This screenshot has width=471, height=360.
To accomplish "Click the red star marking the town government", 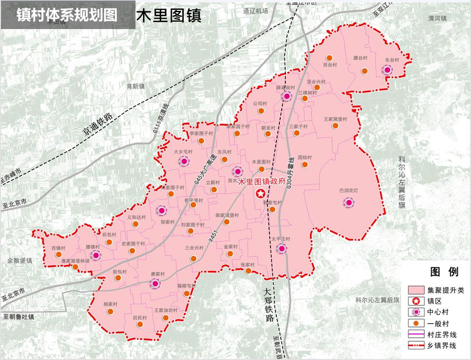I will pyautogui.click(x=260, y=194).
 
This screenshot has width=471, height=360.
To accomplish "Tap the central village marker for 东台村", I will pyautogui.click(x=388, y=70).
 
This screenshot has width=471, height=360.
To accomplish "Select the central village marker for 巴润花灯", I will pyautogui.click(x=349, y=202).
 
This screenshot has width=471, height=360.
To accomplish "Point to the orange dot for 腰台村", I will pyautogui.click(x=365, y=71).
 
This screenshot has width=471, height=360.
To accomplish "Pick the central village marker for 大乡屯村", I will pyautogui.click(x=184, y=161).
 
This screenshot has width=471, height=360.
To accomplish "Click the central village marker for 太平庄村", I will pyautogui.click(x=281, y=248).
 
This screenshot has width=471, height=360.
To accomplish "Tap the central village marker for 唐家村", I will pyautogui.click(x=156, y=283).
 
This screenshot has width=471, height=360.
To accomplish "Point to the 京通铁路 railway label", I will pyautogui.click(x=97, y=125).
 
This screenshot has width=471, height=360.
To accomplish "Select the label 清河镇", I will pyautogui.click(x=437, y=18).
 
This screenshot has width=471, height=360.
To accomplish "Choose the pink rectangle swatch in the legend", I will pyautogui.click(x=416, y=290).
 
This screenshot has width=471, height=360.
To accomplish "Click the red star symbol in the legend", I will pyautogui.click(x=416, y=301).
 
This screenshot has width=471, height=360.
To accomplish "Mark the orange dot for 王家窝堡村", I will pyautogui.click(x=336, y=126).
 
